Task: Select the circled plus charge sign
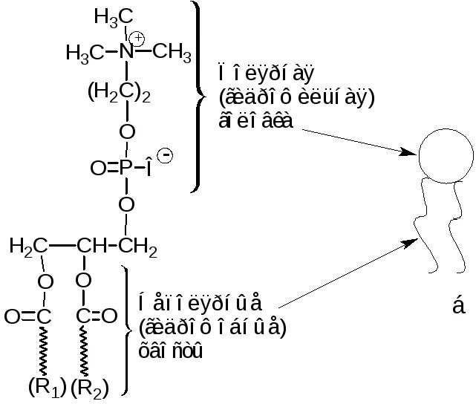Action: pyautogui.click(x=137, y=38)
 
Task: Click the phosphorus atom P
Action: pyautogui.click(x=126, y=169)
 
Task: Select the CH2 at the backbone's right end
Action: pyautogui.click(x=140, y=247)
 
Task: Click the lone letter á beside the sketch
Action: pyautogui.click(x=458, y=305)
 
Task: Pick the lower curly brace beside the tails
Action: pyautogui.click(x=126, y=328)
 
